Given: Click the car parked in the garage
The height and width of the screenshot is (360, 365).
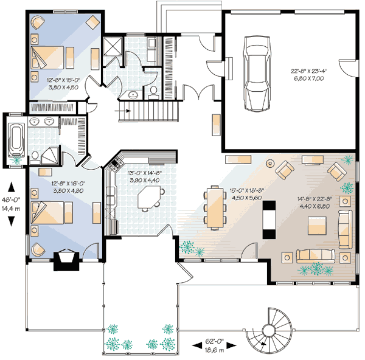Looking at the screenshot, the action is coord(257,74).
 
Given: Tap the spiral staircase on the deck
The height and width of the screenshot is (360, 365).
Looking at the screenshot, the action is coord(269,330).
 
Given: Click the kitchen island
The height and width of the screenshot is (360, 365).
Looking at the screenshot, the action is coord(150,197).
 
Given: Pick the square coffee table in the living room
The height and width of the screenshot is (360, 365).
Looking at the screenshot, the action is coord(317,226).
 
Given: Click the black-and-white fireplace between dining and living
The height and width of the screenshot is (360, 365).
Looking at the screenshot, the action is coord(269,220).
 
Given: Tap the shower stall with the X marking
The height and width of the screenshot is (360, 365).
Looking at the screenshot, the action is coord(113,46).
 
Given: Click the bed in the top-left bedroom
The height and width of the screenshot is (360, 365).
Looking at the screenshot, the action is coord(47,58).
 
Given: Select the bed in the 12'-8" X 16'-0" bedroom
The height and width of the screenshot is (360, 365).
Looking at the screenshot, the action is coord(47,213).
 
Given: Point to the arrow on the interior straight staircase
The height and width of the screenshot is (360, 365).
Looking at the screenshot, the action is coord(122,111).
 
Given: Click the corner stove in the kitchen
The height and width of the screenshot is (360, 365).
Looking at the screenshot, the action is coord(115,162).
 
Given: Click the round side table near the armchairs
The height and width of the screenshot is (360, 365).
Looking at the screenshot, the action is coord(270,163).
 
